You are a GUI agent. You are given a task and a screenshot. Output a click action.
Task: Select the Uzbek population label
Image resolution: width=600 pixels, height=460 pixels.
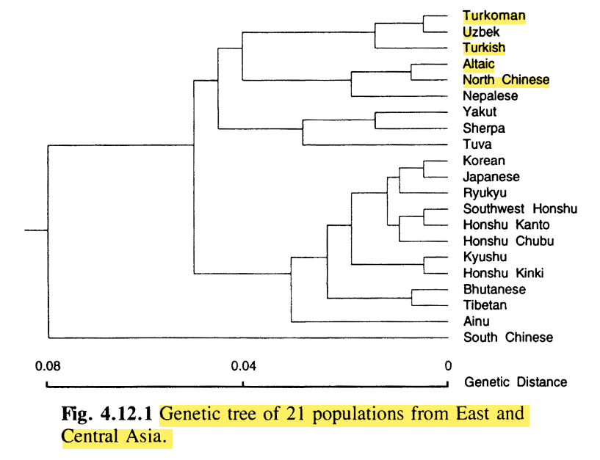(x=480, y=32)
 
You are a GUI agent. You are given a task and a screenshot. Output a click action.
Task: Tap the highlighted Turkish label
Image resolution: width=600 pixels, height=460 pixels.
(x=484, y=48)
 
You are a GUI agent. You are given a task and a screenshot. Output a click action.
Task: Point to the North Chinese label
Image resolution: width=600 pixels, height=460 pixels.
(x=506, y=80)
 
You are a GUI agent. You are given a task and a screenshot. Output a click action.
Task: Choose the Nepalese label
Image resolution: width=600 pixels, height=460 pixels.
(x=491, y=96)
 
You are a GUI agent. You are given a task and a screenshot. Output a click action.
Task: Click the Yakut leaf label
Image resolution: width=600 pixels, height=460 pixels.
(x=480, y=112)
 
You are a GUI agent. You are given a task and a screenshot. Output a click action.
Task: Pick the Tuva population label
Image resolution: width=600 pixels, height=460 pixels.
(x=477, y=145)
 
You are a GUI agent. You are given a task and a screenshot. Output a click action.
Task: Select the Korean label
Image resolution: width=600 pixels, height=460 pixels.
(x=484, y=161)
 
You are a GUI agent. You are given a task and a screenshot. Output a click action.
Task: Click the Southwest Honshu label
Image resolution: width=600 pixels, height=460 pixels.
(x=520, y=209)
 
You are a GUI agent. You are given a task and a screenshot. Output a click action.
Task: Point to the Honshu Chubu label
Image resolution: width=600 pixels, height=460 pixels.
(x=508, y=241)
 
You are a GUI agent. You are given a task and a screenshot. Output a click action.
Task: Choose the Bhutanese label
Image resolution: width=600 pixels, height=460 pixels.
(x=494, y=289)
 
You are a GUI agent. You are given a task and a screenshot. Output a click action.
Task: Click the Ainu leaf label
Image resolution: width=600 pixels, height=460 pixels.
(x=476, y=321)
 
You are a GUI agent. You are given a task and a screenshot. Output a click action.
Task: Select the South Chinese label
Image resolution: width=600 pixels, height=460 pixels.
(x=507, y=337)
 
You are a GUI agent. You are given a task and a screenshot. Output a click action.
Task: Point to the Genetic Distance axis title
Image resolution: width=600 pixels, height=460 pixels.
(x=516, y=381)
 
